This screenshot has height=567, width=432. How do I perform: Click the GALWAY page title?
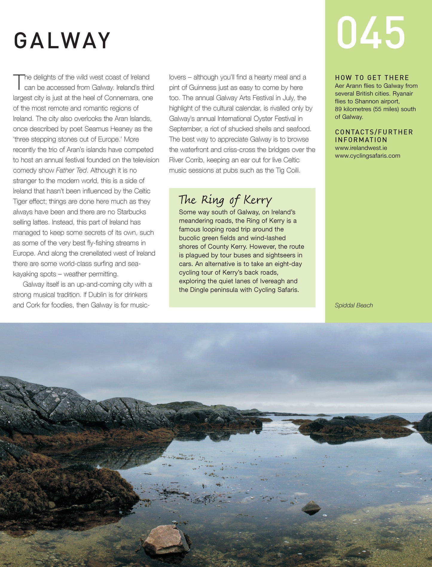coord(62,41)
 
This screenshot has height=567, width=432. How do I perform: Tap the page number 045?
coord(371,33)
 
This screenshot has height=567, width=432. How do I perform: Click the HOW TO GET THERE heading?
coord(372,78)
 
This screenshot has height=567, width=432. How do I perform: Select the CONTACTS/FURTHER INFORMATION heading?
coord(374,136)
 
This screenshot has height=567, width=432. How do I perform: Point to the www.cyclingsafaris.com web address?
coord(367,156)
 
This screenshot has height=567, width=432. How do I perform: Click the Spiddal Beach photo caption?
coord(354,305)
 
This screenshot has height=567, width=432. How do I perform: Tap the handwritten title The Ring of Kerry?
coord(225,200)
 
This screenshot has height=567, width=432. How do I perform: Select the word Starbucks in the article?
coord(132,212)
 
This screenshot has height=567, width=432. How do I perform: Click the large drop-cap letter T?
coord(18,82)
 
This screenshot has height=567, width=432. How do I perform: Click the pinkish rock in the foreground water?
coord(164,539)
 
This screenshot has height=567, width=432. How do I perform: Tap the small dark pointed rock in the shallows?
coord(311,508)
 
